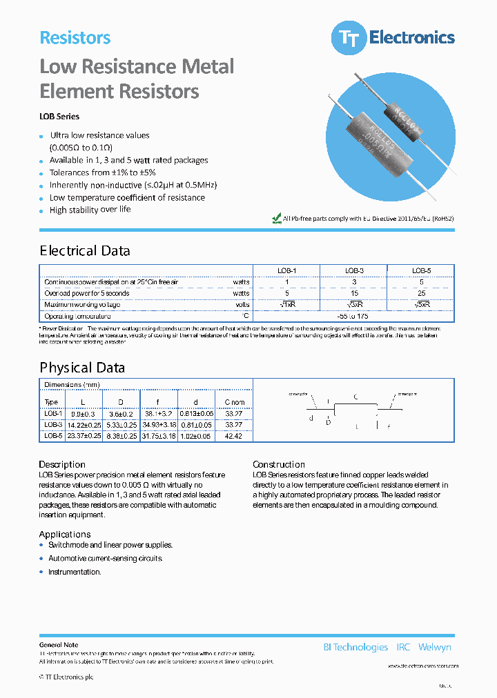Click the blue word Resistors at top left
coord(75,38)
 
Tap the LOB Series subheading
coord(59,117)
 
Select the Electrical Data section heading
coord(85,251)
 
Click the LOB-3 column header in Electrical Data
coord(354,271)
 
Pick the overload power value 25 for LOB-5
coord(421,293)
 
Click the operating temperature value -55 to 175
coord(354,315)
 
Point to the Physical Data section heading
coord(82,368)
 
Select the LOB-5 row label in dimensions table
coord(52,436)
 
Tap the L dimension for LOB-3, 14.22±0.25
coord(84,425)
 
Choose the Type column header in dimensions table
coord(52,402)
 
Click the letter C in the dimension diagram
coord(355,397)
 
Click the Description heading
coord(62,465)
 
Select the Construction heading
coord(279,465)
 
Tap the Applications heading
coord(65,535)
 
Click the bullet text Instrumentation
coord(75,572)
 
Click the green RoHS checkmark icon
coord(277,218)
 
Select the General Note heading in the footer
coord(59,645)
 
